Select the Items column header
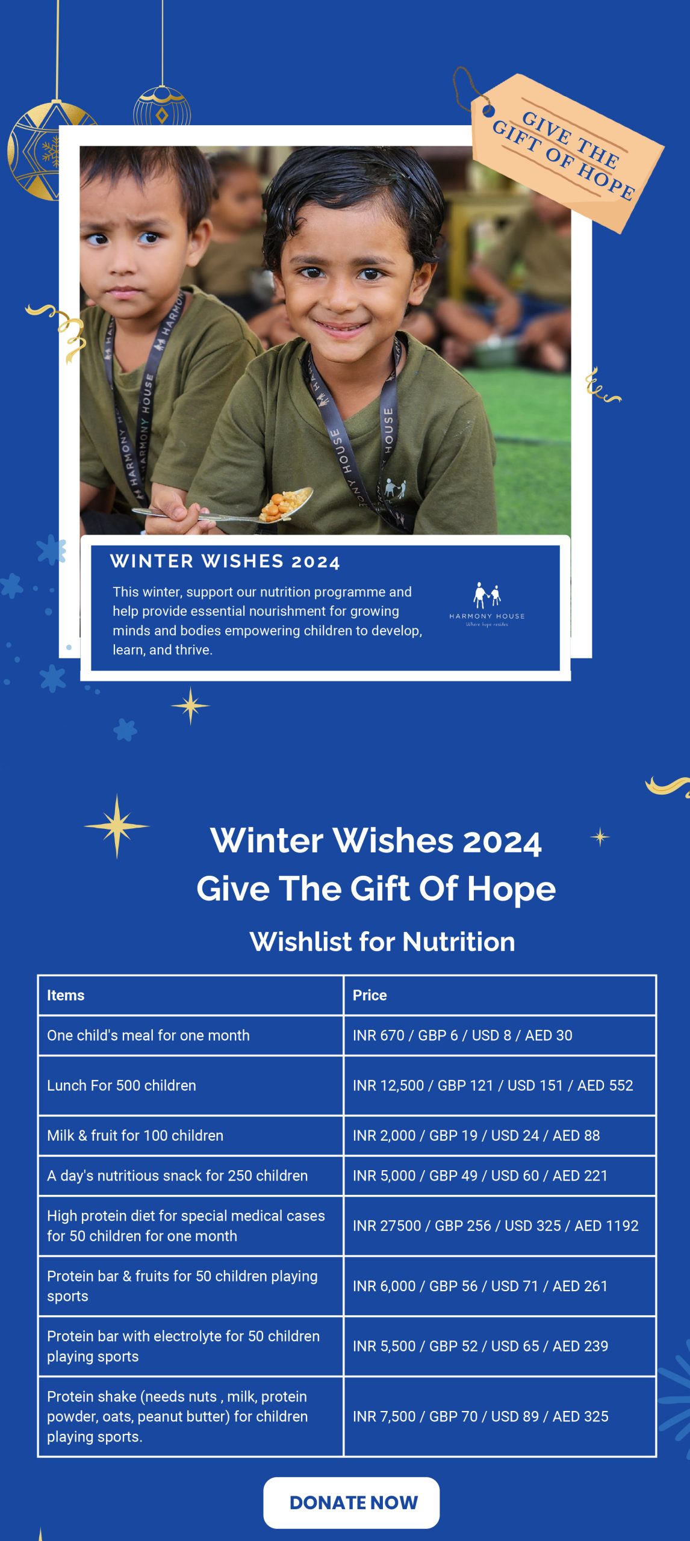point(191,995)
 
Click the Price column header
point(500,995)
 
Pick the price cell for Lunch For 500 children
point(500,1085)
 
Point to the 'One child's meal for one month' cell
point(191,1035)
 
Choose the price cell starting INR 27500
point(500,1226)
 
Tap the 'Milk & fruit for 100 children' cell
point(191,1135)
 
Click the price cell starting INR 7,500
point(500,1416)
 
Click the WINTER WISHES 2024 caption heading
point(225,562)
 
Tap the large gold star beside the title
point(117,826)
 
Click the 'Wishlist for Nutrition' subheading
point(382,941)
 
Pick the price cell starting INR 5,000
point(500,1176)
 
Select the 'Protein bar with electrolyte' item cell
point(191,1346)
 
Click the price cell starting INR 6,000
point(500,1286)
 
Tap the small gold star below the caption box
point(190,705)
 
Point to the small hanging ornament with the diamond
point(162,107)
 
